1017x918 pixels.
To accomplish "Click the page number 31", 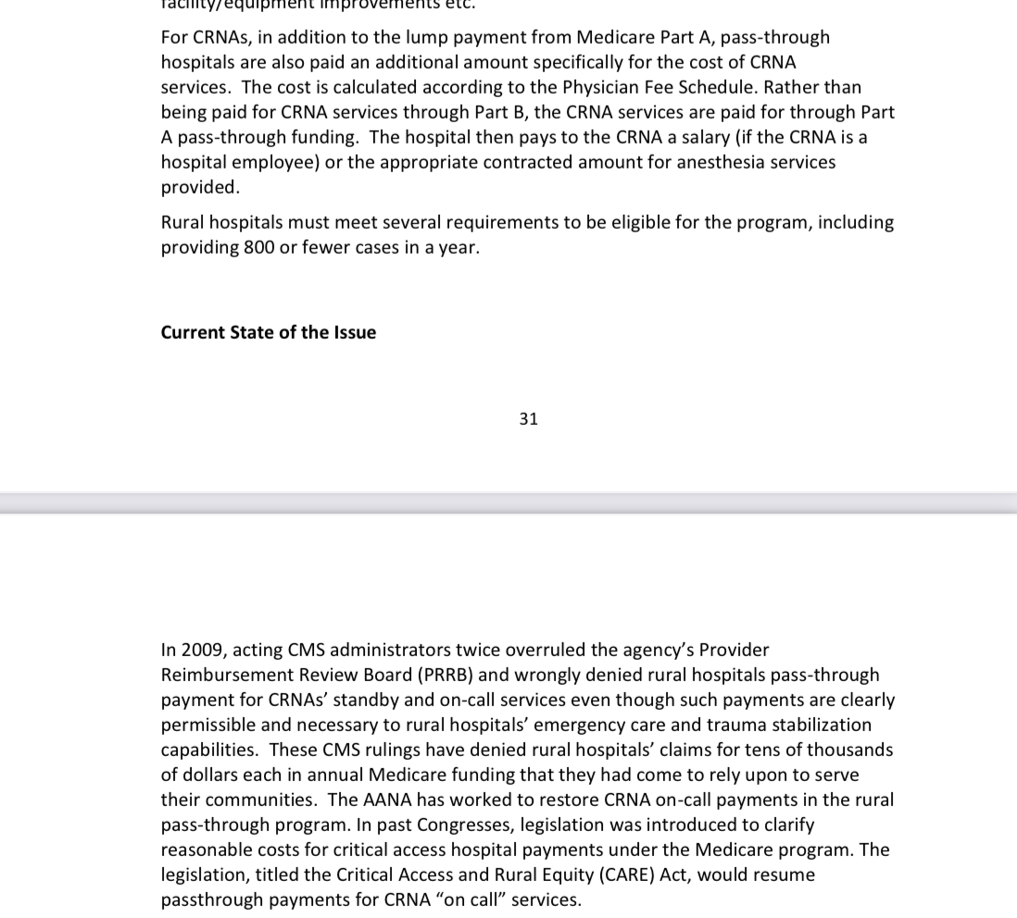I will pos(529,419).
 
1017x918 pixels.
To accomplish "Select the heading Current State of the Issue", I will pos(269,333).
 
